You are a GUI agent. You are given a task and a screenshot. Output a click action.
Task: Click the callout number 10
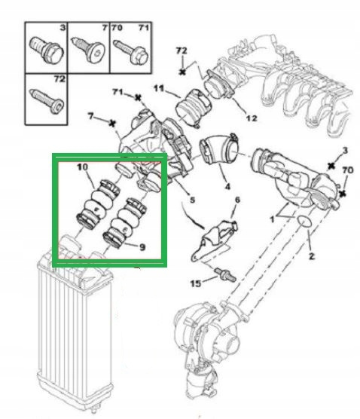click(82, 167)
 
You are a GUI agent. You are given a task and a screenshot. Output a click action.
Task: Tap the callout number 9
click(142, 247)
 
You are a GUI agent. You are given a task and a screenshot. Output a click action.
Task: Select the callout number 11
click(159, 88)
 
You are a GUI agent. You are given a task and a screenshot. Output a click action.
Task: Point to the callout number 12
click(251, 118)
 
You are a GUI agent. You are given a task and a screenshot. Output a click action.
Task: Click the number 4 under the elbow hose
click(227, 186)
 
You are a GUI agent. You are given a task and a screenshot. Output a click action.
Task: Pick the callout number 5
click(192, 200)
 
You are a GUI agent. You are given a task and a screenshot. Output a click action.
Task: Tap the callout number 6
click(237, 200)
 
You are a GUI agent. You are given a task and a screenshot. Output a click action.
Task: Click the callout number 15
click(196, 283)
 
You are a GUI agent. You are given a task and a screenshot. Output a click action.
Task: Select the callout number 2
click(311, 256)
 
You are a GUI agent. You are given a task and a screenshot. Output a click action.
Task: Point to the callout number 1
click(272, 219)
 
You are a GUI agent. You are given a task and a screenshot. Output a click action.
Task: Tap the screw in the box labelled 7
click(88, 50)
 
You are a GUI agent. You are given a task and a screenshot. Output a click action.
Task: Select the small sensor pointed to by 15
click(225, 274)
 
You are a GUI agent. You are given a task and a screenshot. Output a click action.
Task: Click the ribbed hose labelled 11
click(193, 108)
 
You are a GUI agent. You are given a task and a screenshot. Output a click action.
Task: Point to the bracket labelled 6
click(214, 240)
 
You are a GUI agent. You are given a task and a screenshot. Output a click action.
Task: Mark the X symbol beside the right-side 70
click(343, 193)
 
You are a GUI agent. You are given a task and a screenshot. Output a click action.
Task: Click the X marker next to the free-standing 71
click(138, 98)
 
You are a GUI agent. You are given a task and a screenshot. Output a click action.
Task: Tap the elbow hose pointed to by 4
click(219, 149)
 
